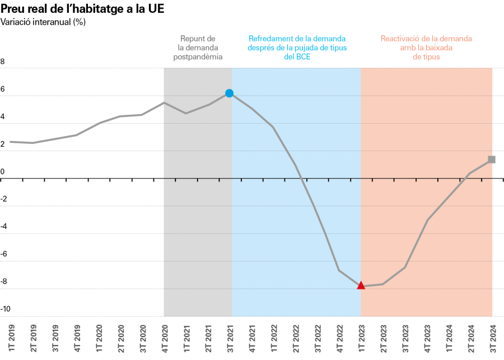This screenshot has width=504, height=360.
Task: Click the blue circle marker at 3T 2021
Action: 229,93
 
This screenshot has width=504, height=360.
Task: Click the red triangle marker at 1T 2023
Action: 361,286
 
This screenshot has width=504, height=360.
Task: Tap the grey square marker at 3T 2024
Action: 492,160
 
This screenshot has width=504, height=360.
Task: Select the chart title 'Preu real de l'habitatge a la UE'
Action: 83,10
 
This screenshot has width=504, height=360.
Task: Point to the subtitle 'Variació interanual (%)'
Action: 43,22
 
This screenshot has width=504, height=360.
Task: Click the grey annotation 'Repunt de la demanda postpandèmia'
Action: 197,48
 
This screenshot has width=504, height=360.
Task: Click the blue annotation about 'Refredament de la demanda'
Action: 297,48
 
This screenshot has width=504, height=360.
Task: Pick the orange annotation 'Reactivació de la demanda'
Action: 426,48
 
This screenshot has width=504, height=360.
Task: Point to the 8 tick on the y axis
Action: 3,62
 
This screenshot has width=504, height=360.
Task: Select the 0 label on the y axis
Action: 3,172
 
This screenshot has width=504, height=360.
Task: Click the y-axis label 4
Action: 3,117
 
